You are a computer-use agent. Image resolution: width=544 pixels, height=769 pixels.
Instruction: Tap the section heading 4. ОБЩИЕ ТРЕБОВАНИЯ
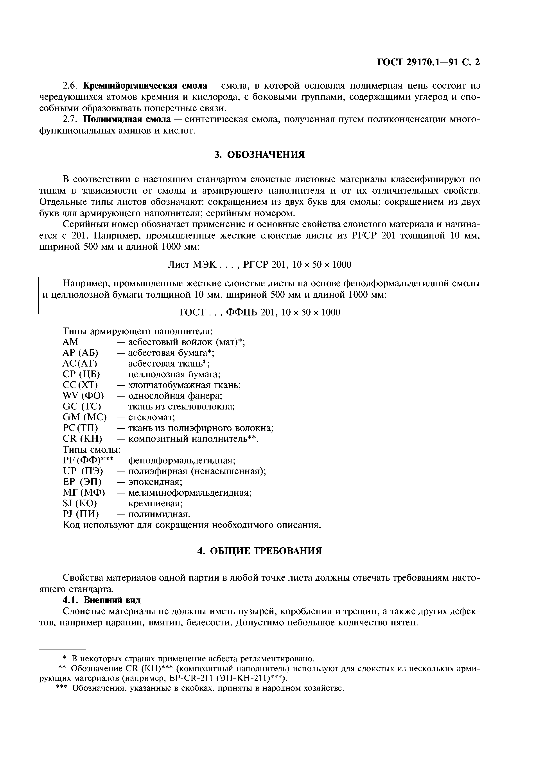click(x=259, y=551)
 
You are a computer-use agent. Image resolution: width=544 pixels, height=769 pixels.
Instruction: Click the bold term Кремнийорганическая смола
click(x=145, y=86)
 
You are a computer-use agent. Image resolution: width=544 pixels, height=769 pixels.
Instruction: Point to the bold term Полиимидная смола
click(x=127, y=119)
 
